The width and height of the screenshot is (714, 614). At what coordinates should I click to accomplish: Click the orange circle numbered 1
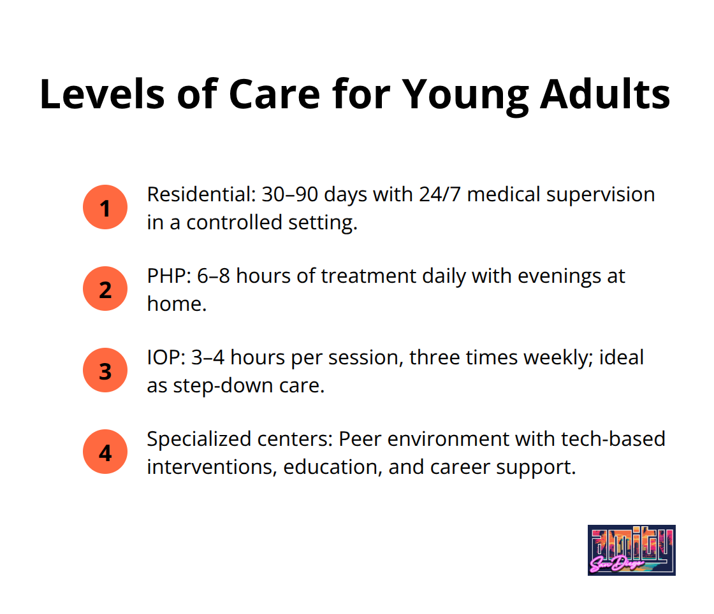(x=105, y=207)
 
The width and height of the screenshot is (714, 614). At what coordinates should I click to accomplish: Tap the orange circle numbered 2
(x=105, y=289)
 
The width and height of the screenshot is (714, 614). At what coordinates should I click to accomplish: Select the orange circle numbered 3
(x=105, y=370)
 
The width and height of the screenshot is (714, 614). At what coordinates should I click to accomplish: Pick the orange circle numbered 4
(x=105, y=452)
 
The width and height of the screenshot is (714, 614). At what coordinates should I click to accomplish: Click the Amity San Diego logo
(x=632, y=550)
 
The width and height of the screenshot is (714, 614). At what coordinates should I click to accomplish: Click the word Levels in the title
(x=102, y=94)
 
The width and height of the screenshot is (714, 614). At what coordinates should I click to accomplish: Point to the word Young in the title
(x=465, y=96)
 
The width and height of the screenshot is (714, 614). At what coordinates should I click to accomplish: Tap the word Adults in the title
(x=605, y=94)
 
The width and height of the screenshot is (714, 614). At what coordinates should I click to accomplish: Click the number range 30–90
(x=289, y=194)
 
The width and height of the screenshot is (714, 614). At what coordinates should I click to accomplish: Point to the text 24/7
(x=440, y=194)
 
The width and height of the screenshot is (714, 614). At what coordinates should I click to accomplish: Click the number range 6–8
(x=214, y=276)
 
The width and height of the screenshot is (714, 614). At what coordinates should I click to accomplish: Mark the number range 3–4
(x=208, y=357)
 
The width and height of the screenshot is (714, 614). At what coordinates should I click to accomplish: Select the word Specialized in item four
(x=199, y=440)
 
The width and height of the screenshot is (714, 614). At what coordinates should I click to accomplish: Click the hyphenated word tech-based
(x=613, y=439)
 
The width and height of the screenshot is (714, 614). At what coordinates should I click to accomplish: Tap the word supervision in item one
(x=601, y=195)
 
